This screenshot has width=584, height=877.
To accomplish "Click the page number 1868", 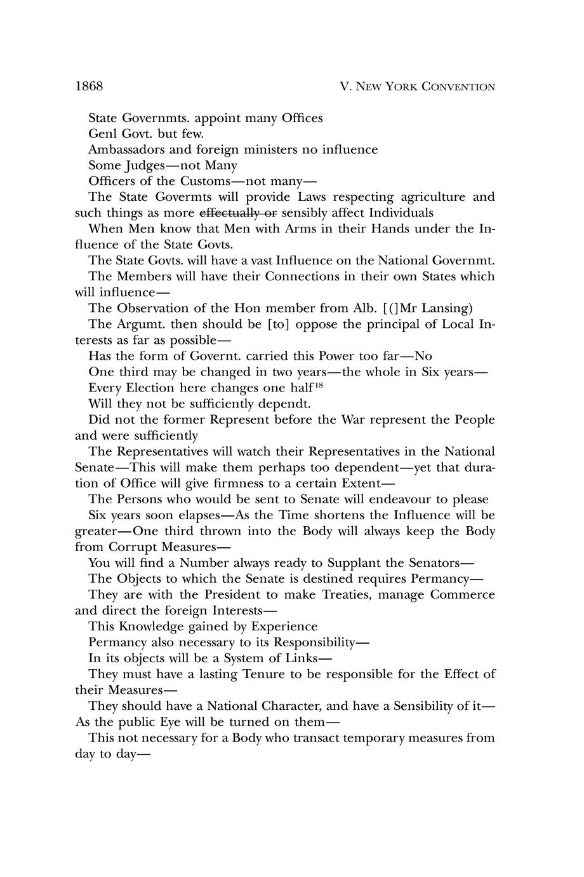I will [89, 86].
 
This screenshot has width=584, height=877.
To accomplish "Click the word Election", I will [156, 388].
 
